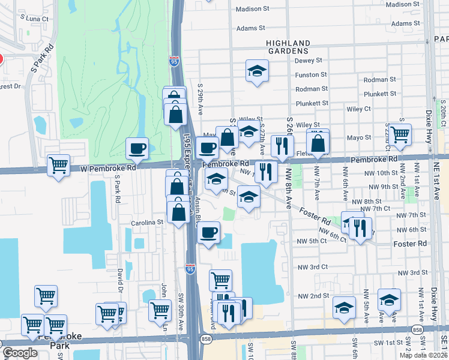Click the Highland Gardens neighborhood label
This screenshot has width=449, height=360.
288,47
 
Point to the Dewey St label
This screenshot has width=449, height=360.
309,61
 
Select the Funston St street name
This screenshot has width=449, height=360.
311,75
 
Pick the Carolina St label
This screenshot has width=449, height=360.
148,222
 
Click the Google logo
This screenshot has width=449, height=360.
20,353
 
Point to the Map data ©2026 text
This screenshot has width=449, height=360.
423,355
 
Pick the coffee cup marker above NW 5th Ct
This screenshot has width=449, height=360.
208,232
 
